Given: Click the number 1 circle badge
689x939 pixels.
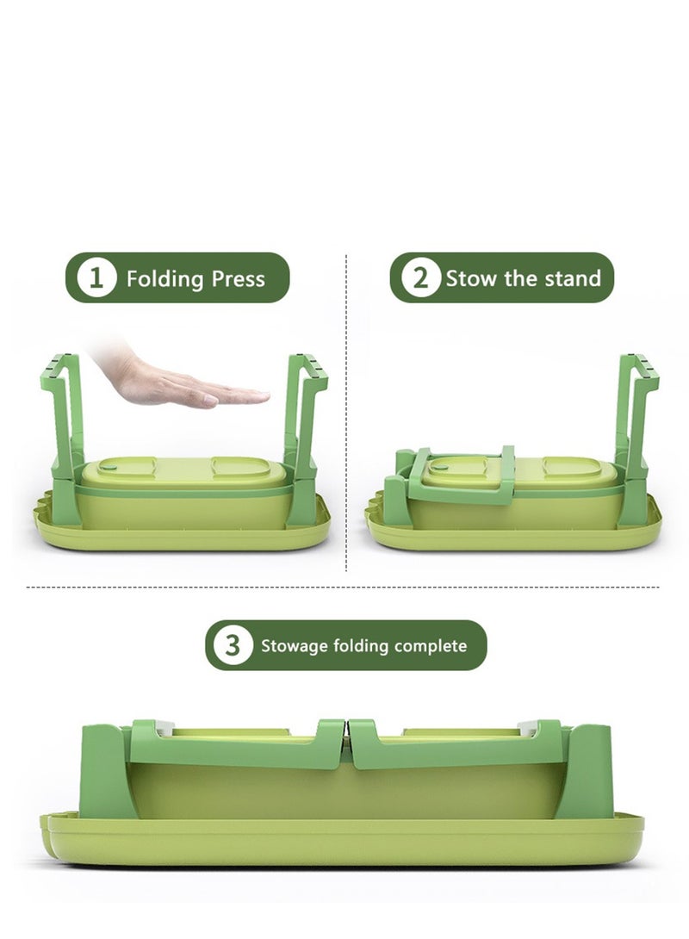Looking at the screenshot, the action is pyautogui.click(x=96, y=278).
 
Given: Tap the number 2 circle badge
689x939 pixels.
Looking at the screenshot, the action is pyautogui.click(x=420, y=278).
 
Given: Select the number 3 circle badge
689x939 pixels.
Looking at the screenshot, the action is pyautogui.click(x=233, y=645).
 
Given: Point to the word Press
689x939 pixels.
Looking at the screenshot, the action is pyautogui.click(x=239, y=279).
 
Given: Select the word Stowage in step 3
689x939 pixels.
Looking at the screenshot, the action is pyautogui.click(x=295, y=646).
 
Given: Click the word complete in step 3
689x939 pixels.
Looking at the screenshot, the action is pyautogui.click(x=431, y=646).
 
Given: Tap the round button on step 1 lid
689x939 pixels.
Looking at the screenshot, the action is pyautogui.click(x=109, y=464).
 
